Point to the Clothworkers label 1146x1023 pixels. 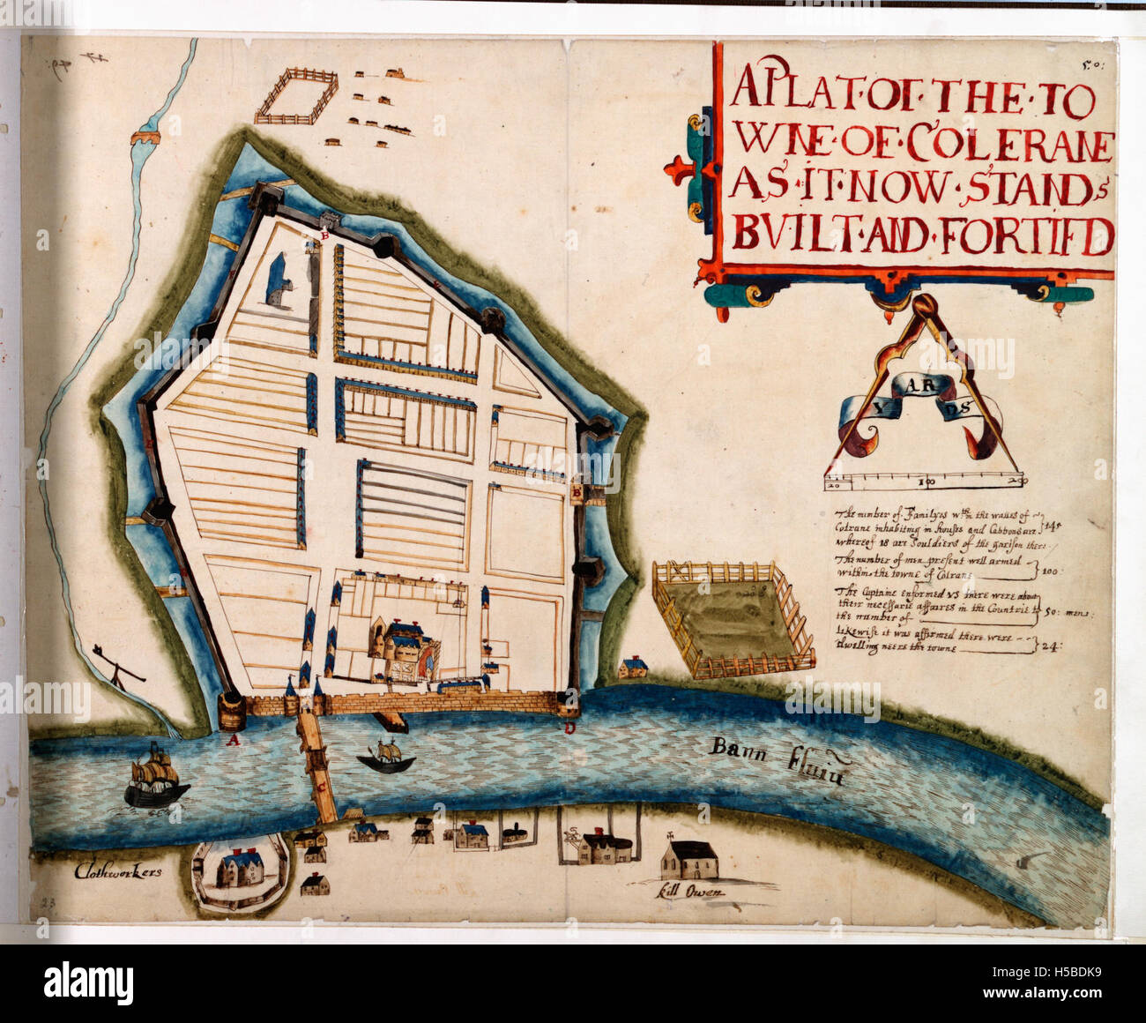click(x=120, y=870)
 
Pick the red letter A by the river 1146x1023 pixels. click(x=233, y=741)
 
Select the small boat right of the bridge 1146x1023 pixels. click(x=386, y=757)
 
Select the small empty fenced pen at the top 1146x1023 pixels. click(x=297, y=96)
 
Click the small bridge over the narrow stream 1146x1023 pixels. click(x=145, y=138)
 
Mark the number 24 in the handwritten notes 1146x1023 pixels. click(x=1053, y=646)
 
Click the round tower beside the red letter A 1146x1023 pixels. click(x=233, y=708)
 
